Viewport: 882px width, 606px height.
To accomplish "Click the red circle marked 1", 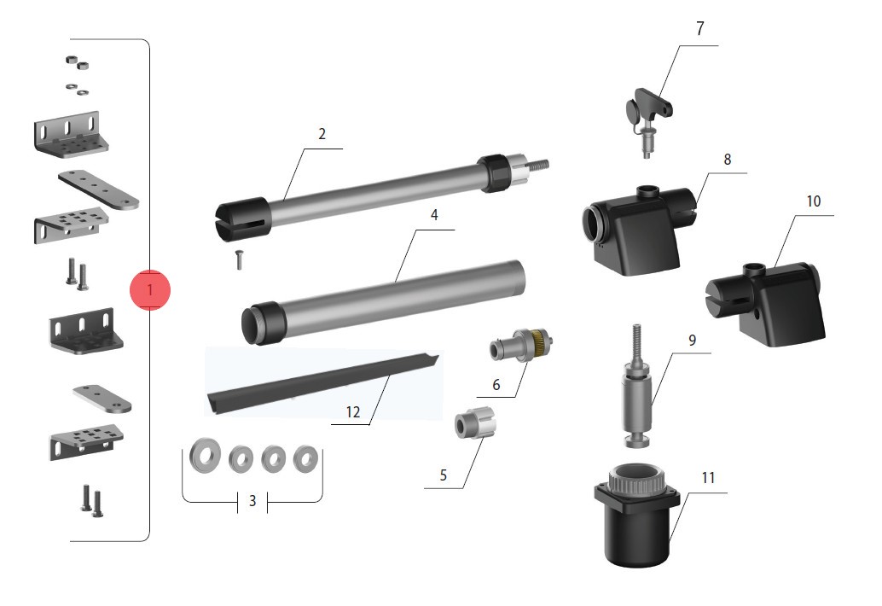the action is coord(149,290).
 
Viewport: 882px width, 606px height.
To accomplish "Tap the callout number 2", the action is coord(322,134).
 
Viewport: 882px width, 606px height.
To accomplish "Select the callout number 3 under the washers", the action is coord(252,500).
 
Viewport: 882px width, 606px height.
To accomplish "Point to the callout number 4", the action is coord(433,215).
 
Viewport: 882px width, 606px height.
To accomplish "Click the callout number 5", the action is coord(444,475).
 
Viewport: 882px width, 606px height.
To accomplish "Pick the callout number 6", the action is coord(496,385).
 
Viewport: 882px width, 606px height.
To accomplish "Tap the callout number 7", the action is coord(699,29).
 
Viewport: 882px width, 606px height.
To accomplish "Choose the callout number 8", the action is coord(728,160).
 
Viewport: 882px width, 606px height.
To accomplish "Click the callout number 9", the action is coord(692,341).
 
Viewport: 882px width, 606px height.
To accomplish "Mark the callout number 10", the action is coord(814,201).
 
